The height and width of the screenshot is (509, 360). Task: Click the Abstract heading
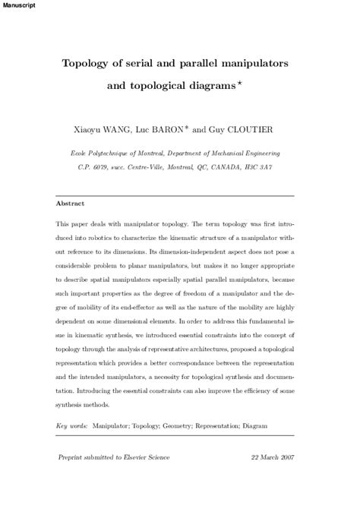click(x=71, y=204)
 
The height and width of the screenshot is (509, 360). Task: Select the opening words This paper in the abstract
click(x=74, y=225)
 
